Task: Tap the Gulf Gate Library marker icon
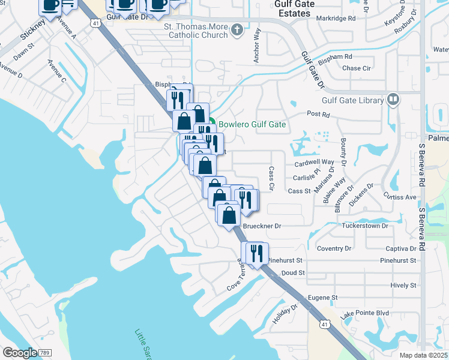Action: point(393,98)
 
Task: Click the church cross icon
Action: point(238,28)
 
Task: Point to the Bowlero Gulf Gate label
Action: point(252,125)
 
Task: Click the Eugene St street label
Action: point(323,298)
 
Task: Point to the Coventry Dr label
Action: point(334,248)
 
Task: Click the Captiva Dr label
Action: point(401,248)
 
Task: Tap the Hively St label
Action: point(403,286)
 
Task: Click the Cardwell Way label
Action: point(314,163)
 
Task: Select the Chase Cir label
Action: point(356,68)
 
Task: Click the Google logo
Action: point(20,353)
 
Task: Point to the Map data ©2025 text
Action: point(423,355)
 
